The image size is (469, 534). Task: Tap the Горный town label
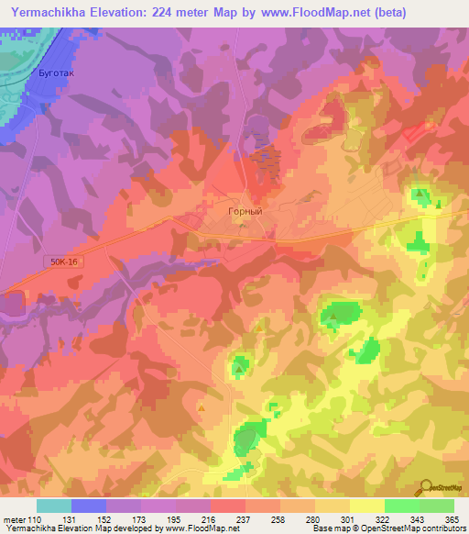(x=245, y=211)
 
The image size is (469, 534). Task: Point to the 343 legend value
(x=410, y=520)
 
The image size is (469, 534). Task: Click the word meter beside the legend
(x=15, y=520)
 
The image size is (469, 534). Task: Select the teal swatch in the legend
(x=53, y=506)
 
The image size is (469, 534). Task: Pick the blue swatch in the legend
(x=88, y=506)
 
